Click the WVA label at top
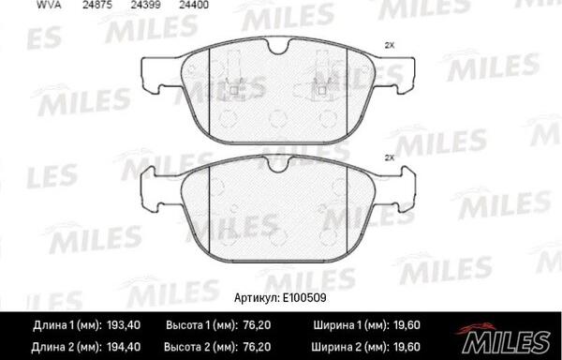tap(49, 5)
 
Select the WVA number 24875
tap(97, 5)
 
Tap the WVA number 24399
tap(145, 5)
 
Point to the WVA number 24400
tap(194, 5)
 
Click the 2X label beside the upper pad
tap(390, 46)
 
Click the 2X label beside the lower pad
tap(390, 157)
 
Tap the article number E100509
tap(304, 298)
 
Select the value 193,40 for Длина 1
tap(124, 325)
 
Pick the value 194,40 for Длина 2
tap(124, 347)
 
